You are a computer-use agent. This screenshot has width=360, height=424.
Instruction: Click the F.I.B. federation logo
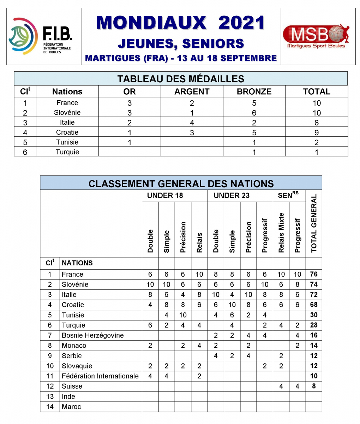point(40,36)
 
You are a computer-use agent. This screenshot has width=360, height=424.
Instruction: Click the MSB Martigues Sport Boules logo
point(317,36)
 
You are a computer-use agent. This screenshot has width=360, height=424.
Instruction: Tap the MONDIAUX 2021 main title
point(180,23)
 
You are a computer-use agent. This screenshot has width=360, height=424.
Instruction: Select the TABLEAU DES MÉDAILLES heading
point(181,79)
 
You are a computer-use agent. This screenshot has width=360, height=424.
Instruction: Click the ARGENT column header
point(192,92)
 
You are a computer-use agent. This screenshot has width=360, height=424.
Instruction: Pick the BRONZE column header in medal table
point(254,92)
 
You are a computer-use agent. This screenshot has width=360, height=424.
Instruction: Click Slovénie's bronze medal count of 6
point(254,113)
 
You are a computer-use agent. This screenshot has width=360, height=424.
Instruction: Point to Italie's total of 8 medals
point(317,123)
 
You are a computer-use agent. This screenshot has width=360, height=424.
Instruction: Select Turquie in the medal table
point(67,152)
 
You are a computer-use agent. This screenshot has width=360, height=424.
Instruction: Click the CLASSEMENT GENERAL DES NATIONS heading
point(181,184)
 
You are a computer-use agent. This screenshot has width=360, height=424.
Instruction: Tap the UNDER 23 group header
point(232,195)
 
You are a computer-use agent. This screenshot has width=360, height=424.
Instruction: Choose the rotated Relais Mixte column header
point(281,232)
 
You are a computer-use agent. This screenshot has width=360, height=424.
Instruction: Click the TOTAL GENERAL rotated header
point(314,223)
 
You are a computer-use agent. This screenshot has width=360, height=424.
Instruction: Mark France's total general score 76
point(314,274)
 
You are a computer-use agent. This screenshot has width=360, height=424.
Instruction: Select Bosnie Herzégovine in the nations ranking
point(92,335)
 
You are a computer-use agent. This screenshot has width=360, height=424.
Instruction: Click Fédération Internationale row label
point(100,376)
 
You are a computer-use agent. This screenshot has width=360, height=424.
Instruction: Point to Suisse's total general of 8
point(314,386)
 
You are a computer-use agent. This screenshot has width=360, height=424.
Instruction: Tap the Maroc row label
point(71,407)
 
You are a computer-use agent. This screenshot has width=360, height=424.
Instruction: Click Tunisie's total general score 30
point(314,315)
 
